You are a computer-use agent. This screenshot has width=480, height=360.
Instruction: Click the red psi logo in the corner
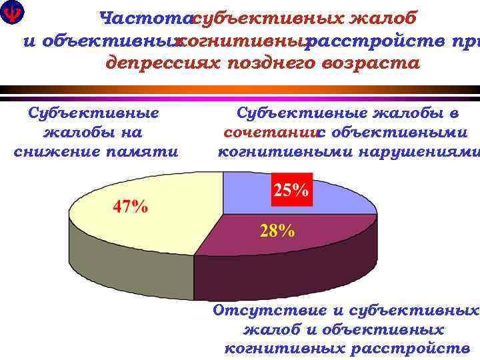tap(11, 12)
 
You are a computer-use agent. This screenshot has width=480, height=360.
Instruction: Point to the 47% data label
tap(130, 206)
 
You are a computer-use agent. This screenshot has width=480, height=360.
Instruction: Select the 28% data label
tap(277, 231)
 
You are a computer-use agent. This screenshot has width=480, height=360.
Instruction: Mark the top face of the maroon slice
tap(320, 233)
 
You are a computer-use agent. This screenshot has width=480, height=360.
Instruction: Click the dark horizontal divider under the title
tap(240, 89)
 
